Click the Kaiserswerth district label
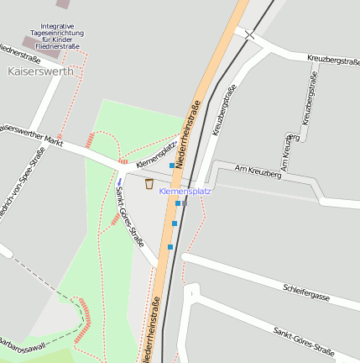click(x=40, y=71)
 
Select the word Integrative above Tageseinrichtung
click(x=57, y=26)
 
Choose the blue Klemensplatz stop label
click(x=185, y=192)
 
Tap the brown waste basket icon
click(x=149, y=183)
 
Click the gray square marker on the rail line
click(x=184, y=203)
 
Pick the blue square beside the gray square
click(x=178, y=203)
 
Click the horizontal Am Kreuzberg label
click(x=253, y=171)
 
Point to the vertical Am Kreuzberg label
click(x=287, y=153)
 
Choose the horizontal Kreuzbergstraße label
click(x=333, y=60)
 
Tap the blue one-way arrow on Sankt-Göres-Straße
click(x=119, y=181)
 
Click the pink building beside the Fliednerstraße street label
click(x=30, y=42)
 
